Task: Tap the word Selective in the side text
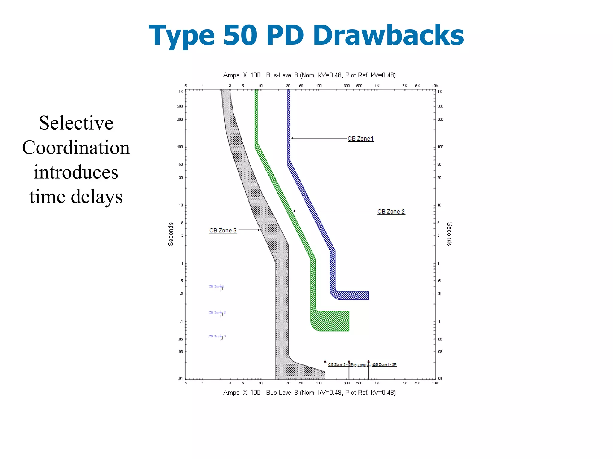click(x=76, y=123)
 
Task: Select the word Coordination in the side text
click(x=76, y=148)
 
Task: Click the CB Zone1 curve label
click(x=360, y=139)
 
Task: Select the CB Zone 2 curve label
click(x=391, y=212)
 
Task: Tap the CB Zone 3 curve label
click(x=223, y=230)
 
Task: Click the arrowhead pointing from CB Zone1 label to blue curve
click(x=292, y=138)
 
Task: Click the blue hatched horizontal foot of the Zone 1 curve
click(x=353, y=295)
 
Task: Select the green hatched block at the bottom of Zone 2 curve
click(x=332, y=321)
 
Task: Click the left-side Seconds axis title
click(x=171, y=234)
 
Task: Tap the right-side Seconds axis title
click(x=449, y=234)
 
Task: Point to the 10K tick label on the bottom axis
click(x=435, y=383)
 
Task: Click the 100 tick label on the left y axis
click(x=180, y=147)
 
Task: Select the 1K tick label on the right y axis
click(x=440, y=92)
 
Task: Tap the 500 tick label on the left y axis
click(x=180, y=106)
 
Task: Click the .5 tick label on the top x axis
click(x=185, y=86)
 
